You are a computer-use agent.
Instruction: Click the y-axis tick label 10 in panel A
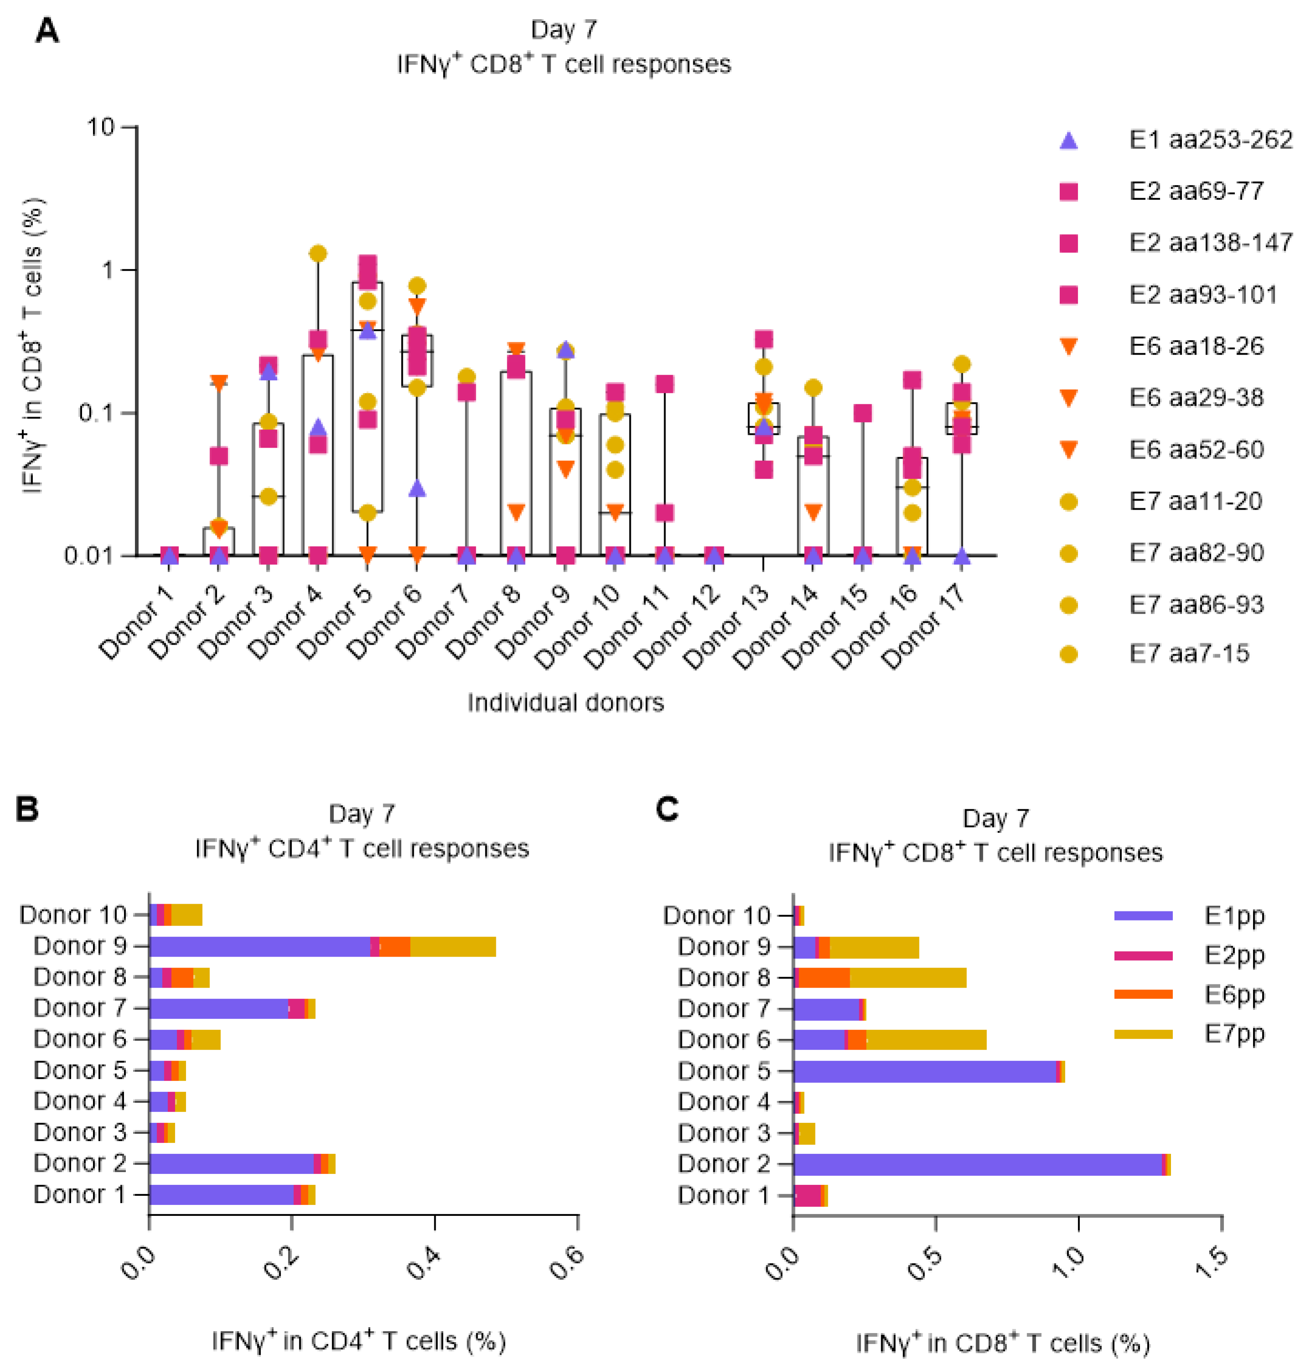100,127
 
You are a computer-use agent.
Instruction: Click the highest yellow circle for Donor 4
318,253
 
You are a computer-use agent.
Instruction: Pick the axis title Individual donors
565,703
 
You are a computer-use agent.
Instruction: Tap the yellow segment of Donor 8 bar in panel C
908,977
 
